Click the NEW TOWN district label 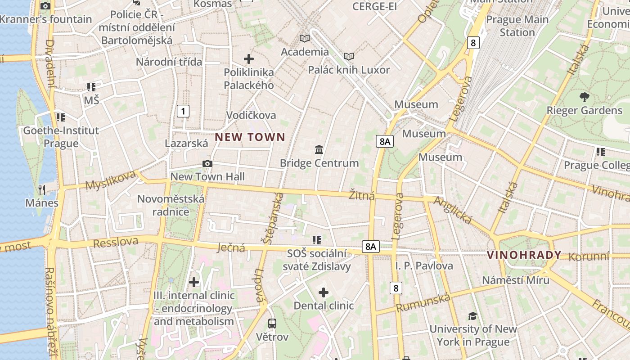coord(250,137)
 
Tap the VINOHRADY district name coord(524,255)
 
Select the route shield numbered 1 coord(183,111)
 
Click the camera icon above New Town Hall coord(207,163)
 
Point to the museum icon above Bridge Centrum coord(319,149)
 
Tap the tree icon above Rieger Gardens coord(584,96)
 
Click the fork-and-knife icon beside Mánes coord(42,189)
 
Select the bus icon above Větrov coord(272,323)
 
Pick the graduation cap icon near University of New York coord(472,316)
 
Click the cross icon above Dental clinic coord(324,293)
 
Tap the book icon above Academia coord(305,39)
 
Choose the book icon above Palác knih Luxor coord(349,57)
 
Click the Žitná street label coord(362,196)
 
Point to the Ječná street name coord(231,247)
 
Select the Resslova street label coord(116,242)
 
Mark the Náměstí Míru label coord(516,280)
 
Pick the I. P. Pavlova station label coord(424,266)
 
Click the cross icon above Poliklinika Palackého coord(248,59)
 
